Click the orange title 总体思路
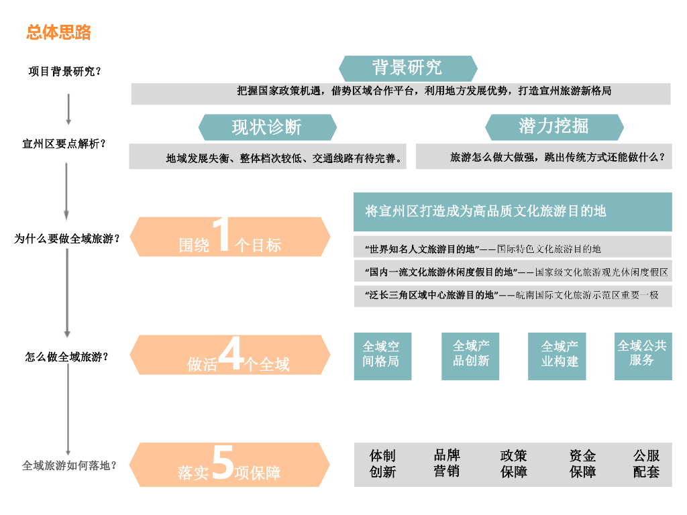pyautogui.click(x=58, y=32)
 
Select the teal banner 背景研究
pyautogui.click(x=407, y=68)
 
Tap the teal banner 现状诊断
pyautogui.click(x=267, y=127)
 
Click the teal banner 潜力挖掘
pyautogui.click(x=553, y=126)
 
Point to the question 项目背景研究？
pyautogui.click(x=64, y=71)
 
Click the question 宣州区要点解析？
pyautogui.click(x=64, y=144)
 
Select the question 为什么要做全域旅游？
pyautogui.click(x=67, y=238)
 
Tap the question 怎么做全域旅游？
pyautogui.click(x=66, y=357)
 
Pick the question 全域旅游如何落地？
pyautogui.click(x=69, y=465)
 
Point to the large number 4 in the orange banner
pyautogui.click(x=231, y=355)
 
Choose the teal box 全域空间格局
pyautogui.click(x=382, y=354)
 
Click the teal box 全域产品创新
pyautogui.click(x=470, y=353)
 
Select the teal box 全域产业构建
pyautogui.click(x=560, y=354)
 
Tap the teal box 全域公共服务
pyautogui.click(x=642, y=353)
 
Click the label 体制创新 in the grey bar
pyautogui.click(x=382, y=464)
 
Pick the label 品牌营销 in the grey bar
pyautogui.click(x=446, y=463)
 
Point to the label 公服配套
pyautogui.click(x=646, y=464)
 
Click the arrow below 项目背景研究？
pyautogui.click(x=68, y=109)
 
